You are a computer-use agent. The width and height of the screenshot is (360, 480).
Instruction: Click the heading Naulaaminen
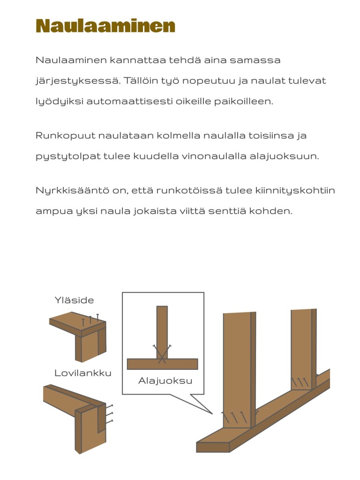[105, 26]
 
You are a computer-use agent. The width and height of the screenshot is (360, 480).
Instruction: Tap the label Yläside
[74, 300]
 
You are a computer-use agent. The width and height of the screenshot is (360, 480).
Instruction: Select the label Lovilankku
[83, 373]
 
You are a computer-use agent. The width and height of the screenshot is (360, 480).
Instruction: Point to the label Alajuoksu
[165, 381]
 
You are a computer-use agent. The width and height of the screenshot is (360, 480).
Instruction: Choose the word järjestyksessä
[75, 81]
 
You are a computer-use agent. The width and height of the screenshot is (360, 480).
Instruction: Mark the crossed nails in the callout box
[162, 353]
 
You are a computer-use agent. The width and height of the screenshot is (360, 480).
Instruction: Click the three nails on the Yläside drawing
[90, 320]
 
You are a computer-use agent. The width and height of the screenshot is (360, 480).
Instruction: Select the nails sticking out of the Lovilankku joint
[110, 414]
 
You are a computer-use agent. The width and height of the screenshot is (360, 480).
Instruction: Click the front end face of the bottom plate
[213, 447]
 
